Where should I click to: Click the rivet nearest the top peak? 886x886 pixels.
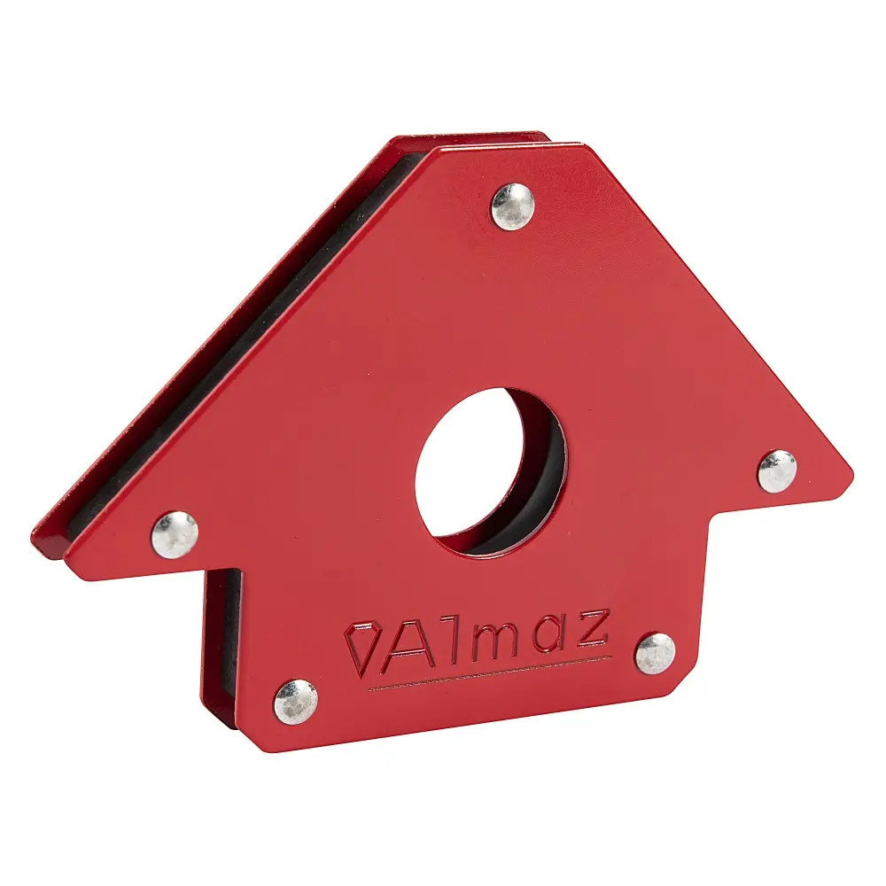pyautogui.click(x=513, y=206)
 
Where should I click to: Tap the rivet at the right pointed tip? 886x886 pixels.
pyautogui.click(x=777, y=470)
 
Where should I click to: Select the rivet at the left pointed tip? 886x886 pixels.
pyautogui.click(x=174, y=534)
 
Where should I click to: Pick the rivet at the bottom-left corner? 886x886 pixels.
pyautogui.click(x=295, y=702)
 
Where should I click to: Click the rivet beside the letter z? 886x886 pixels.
pyautogui.click(x=656, y=653)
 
